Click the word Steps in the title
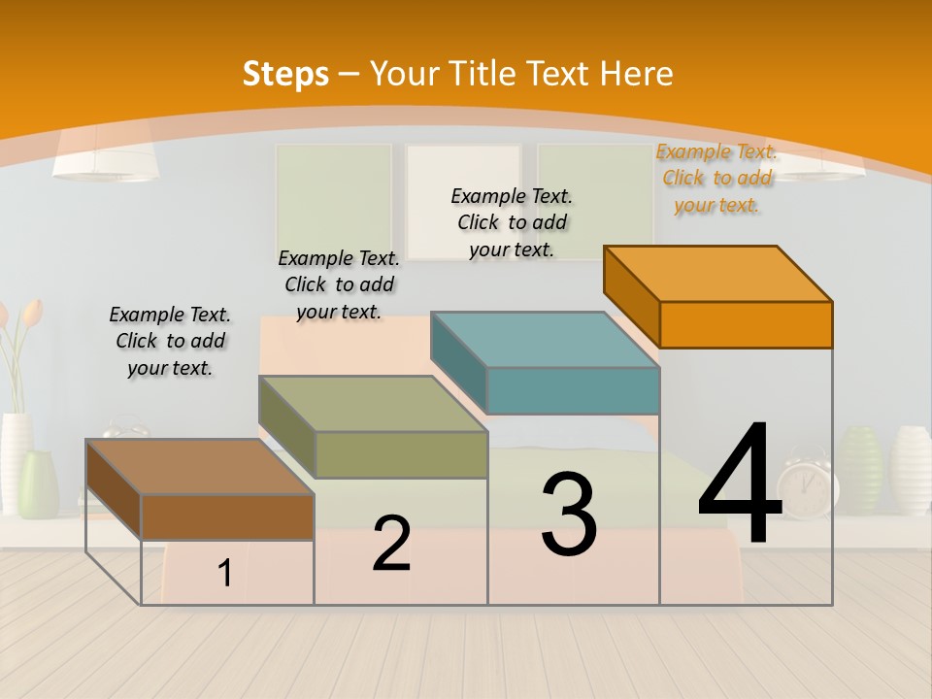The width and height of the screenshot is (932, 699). pos(284,74)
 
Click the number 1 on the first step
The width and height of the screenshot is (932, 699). pos(225,574)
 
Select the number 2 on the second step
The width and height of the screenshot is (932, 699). pos(391,544)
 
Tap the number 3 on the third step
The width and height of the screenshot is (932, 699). pos(569,515)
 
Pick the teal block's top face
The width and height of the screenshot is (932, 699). pos(545,341)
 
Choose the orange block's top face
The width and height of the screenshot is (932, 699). pos(718,274)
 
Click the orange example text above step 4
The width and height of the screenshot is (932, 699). pos(716,178)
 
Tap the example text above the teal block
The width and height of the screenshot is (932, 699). pos(512,222)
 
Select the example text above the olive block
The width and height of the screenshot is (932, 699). pos(339,284)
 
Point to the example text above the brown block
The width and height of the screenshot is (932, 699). pos(170,341)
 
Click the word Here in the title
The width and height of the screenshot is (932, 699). pos(636,74)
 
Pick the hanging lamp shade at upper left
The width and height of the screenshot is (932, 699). pos(106,155)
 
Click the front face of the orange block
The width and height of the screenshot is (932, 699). pos(746,324)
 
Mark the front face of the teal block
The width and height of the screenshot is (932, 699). pos(573,390)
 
